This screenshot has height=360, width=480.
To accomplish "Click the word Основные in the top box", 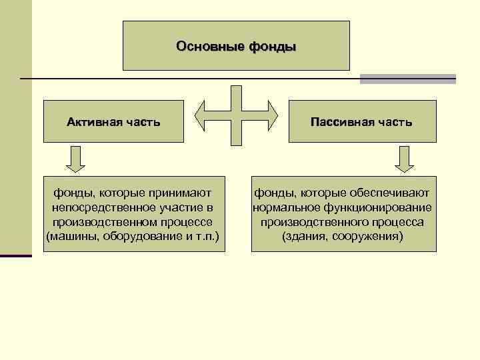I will (x=209, y=47).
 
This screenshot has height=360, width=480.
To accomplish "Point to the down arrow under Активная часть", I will (x=75, y=159).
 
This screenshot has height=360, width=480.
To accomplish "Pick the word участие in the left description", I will (x=180, y=207).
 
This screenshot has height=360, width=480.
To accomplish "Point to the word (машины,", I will (x=71, y=237).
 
